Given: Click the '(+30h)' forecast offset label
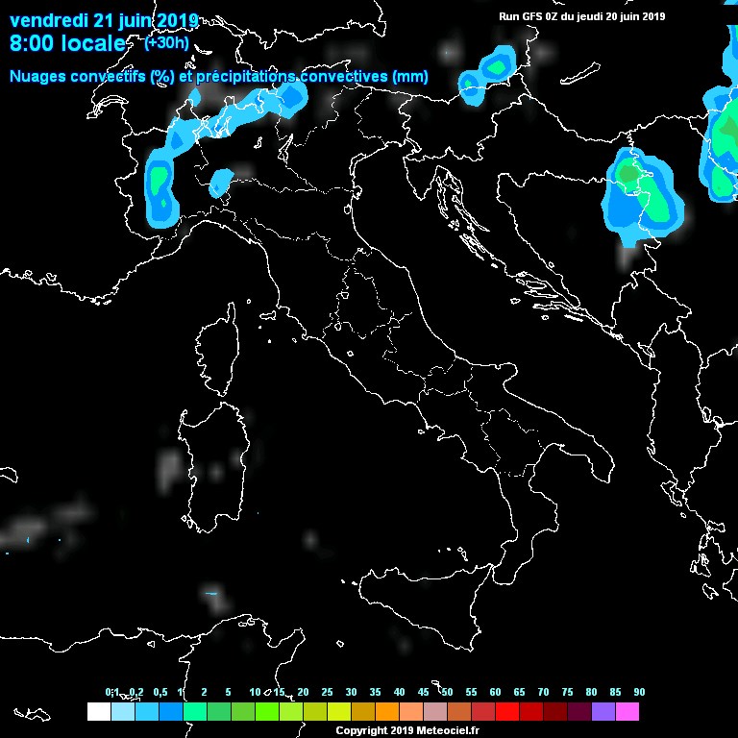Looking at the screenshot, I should (x=166, y=42).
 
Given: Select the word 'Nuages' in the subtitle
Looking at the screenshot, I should (x=37, y=76).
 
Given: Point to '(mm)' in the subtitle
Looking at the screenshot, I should (x=410, y=76).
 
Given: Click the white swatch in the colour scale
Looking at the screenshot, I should (x=98, y=712).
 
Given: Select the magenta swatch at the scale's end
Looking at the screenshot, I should (x=627, y=712).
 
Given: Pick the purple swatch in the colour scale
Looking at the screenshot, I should (x=603, y=712).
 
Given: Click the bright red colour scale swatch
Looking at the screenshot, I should (x=507, y=712).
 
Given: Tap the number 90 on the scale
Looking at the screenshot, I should (x=639, y=692).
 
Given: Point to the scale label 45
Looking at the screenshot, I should (x=423, y=692).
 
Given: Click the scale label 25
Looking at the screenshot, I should (x=327, y=692).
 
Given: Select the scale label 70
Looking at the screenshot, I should (x=543, y=692).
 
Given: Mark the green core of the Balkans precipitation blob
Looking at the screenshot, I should (x=628, y=173).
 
